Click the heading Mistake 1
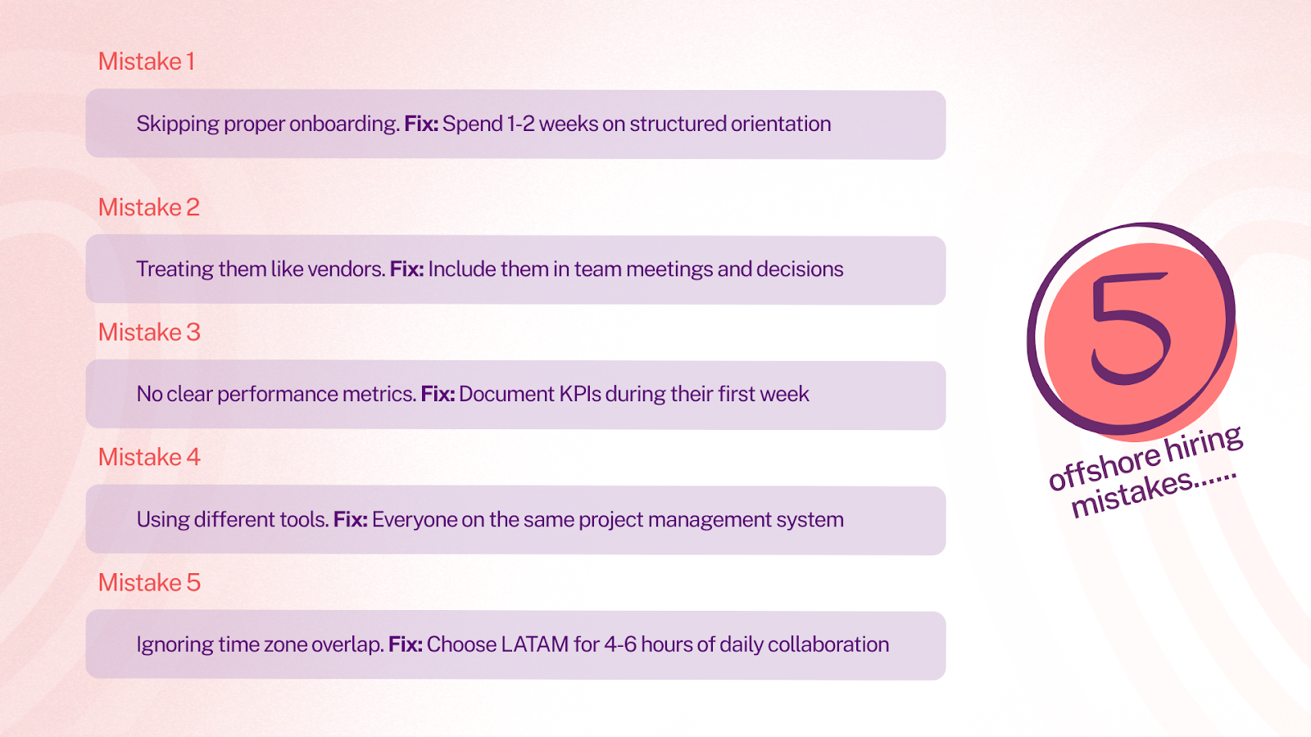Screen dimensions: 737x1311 point(147,61)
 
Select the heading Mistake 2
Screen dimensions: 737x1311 point(149,207)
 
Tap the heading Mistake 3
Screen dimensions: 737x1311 point(149,332)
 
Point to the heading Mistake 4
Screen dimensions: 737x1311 point(149,457)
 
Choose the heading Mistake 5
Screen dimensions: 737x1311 point(149,582)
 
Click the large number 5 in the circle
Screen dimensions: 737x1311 point(1131,328)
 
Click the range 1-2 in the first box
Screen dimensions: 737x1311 point(520,124)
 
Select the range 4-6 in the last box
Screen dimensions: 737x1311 point(619,644)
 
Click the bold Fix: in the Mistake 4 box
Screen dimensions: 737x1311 point(350,519)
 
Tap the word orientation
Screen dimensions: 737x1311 point(781,124)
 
